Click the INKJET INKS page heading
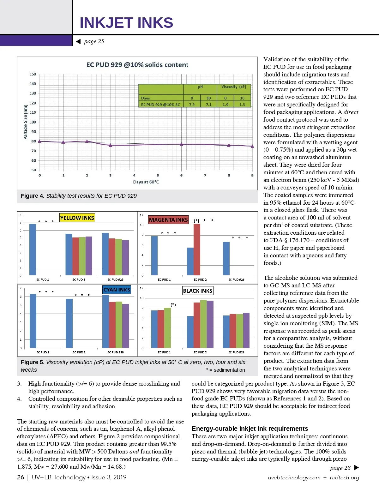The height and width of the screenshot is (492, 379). pos(126,23)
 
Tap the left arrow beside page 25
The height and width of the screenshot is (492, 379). pos(78,41)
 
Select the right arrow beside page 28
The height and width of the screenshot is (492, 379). pos(357,468)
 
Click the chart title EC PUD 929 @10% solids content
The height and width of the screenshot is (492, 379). pos(137,65)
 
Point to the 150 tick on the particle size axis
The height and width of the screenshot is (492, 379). pos(33,74)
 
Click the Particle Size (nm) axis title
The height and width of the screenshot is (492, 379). pos(25,122)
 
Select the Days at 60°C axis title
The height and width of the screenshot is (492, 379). pos(146,182)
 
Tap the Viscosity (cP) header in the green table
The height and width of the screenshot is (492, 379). pos(234,87)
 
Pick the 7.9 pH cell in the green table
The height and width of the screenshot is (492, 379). pos(192,105)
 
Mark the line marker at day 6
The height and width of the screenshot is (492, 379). pos(181,144)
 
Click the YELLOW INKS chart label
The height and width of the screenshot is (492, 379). pos(77,218)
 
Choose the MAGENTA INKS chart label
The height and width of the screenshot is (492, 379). pos(168,220)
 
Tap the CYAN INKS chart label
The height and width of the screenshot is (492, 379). pos(117,290)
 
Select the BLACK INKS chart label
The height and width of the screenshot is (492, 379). pos(198,291)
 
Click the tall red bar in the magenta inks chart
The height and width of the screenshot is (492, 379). pos(197,249)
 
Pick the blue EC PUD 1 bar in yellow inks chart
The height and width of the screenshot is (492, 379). pos(33,249)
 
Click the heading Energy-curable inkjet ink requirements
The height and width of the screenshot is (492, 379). pos(250,429)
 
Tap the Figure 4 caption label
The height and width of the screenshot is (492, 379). pos(32,196)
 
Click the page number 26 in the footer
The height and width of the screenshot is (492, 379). pos(21,477)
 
